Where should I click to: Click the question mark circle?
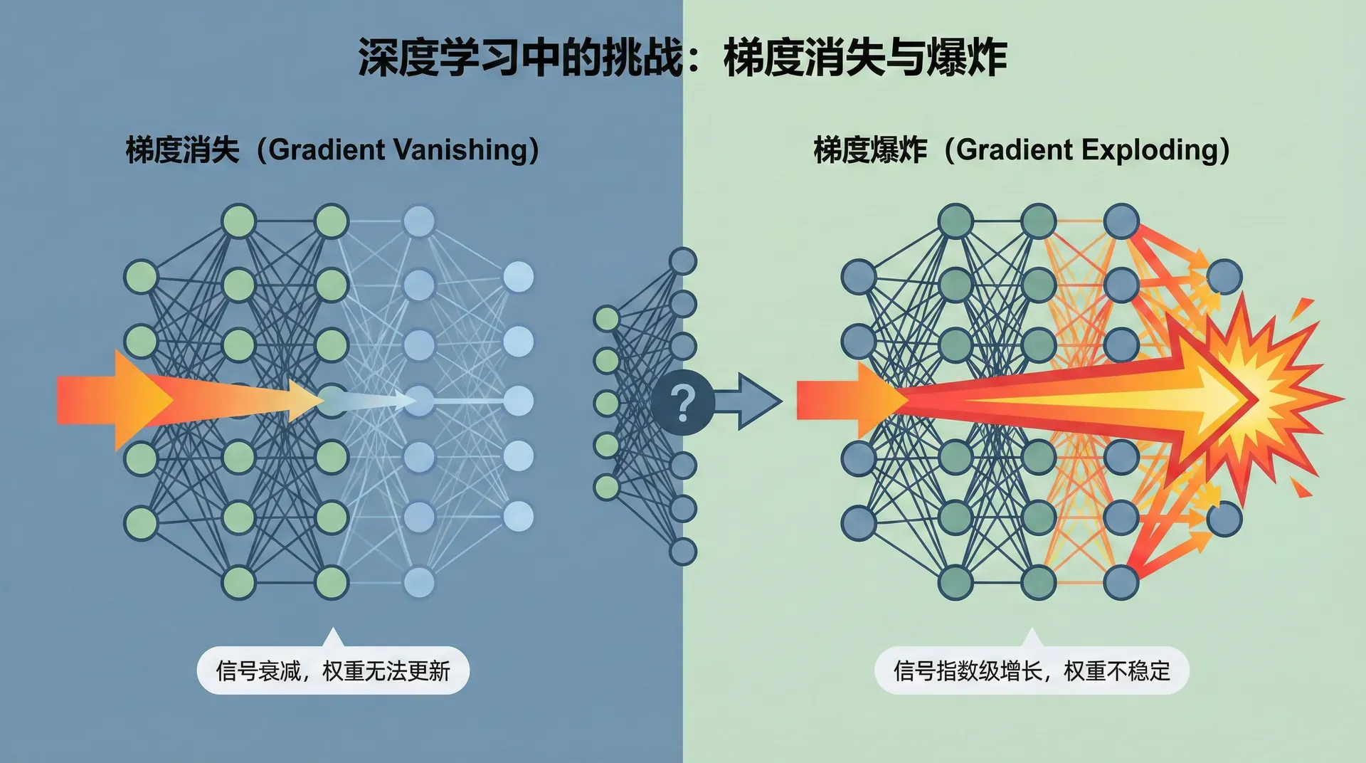(x=682, y=402)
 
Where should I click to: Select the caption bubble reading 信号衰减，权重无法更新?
(x=333, y=670)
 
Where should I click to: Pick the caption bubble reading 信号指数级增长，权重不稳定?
(x=1032, y=670)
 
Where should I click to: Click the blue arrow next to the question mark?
(x=751, y=401)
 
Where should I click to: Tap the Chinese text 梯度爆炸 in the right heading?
(x=870, y=150)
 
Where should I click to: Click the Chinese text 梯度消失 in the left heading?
(x=182, y=150)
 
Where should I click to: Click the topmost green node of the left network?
(x=239, y=221)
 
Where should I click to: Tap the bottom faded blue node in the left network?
(x=419, y=582)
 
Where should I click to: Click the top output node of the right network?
(x=1224, y=277)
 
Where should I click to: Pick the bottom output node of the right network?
(x=1224, y=518)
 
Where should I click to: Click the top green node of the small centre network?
(x=607, y=318)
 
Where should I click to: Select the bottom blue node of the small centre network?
(x=683, y=551)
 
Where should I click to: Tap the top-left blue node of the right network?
(x=859, y=277)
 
